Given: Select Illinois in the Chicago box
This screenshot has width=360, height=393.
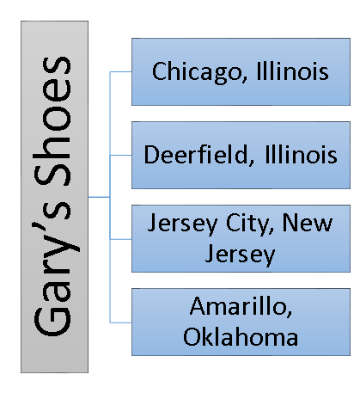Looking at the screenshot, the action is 292,71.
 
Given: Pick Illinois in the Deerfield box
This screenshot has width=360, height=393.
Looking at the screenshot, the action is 301,154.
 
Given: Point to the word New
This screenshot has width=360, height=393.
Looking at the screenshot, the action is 308,223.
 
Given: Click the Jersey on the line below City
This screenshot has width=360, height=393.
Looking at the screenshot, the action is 240,255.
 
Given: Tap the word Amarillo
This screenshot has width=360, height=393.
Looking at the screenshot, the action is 241,306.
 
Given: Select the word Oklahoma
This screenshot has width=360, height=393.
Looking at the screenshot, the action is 241,336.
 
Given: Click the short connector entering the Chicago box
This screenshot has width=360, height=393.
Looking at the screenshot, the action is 120,71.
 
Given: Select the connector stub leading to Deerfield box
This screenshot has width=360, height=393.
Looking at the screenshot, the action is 120,155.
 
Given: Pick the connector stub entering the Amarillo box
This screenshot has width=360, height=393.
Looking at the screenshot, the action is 120,322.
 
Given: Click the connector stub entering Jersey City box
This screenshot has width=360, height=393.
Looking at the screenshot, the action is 120,239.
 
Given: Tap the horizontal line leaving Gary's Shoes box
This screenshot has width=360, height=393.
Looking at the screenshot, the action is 99,197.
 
